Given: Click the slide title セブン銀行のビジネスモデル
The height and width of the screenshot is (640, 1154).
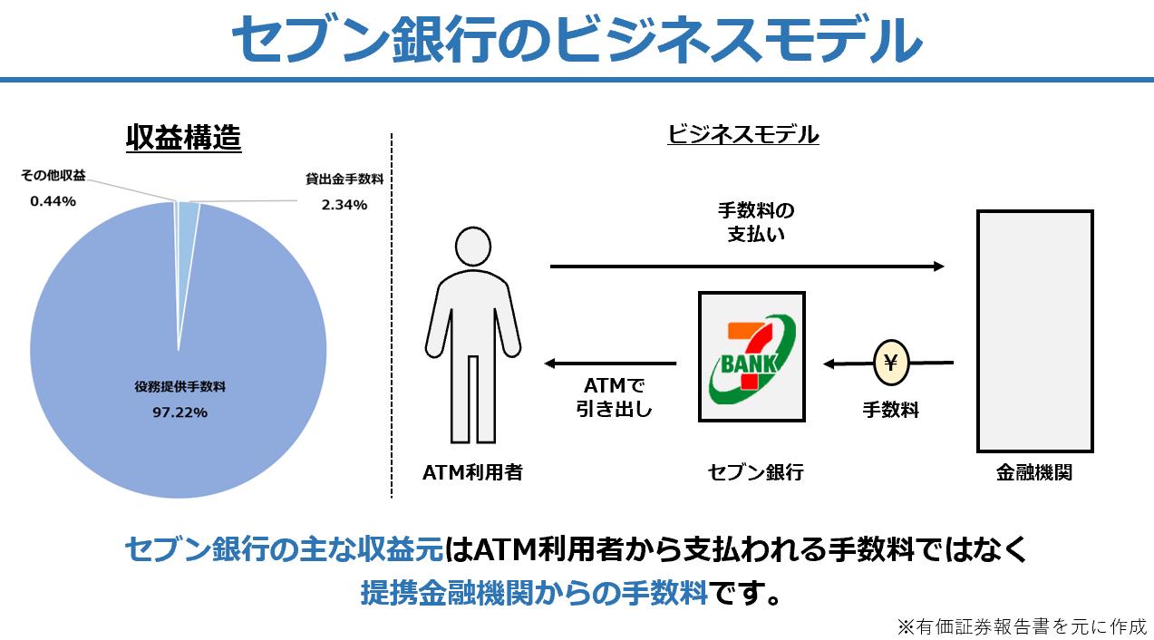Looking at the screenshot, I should [x=577, y=38].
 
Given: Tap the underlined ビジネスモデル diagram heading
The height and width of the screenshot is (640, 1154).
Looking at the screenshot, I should [x=742, y=135].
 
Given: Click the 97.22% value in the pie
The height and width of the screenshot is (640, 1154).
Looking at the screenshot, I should [x=180, y=412].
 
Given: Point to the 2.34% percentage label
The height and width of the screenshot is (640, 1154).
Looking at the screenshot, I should [x=344, y=205].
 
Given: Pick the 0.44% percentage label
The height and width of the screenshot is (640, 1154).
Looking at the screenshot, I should [x=53, y=201].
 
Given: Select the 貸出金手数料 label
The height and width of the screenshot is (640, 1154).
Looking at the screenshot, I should [x=344, y=179].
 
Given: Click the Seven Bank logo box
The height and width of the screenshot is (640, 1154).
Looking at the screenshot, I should [x=752, y=356].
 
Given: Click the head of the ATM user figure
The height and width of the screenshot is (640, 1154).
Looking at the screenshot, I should [x=473, y=247].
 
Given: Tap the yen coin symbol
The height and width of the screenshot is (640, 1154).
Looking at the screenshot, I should [x=890, y=364].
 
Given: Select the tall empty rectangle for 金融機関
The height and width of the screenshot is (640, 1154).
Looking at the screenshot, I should [x=1033, y=331].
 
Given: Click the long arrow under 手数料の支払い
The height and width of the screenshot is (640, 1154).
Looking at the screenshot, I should [x=747, y=267].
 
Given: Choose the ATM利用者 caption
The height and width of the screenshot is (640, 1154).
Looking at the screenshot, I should [x=472, y=472].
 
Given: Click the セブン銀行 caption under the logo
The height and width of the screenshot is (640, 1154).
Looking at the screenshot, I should [x=755, y=472].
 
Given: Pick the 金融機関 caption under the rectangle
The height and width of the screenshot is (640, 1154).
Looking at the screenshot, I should [x=1033, y=472].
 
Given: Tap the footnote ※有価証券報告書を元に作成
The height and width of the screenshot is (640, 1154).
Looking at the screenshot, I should [x=1022, y=625].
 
